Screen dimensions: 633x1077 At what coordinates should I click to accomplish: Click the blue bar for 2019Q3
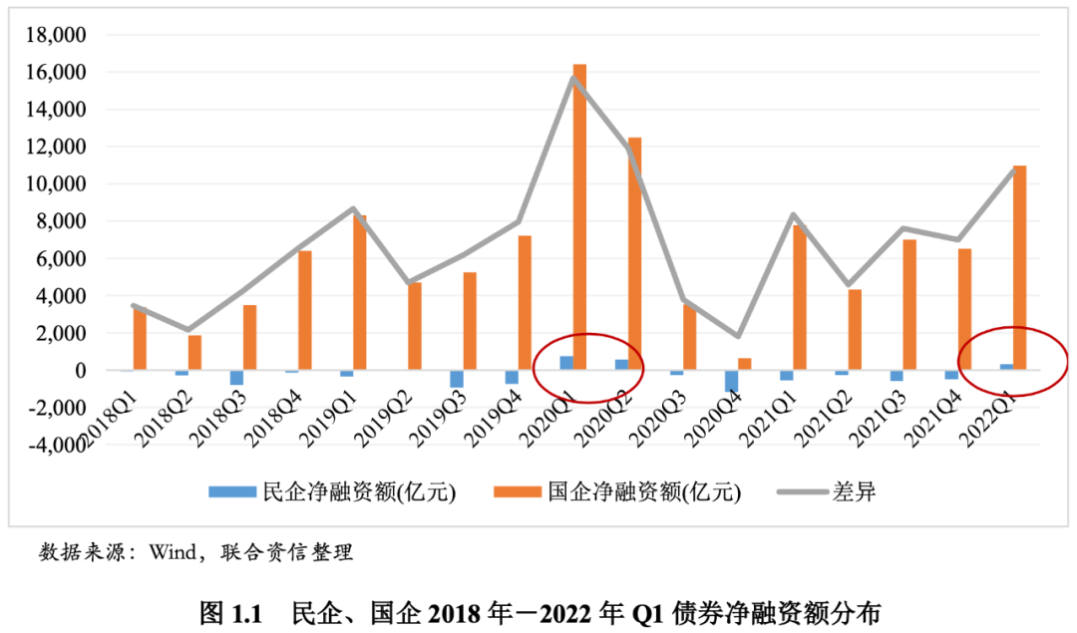[x=457, y=379]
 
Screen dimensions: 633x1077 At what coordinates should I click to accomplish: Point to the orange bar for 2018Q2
[x=195, y=352]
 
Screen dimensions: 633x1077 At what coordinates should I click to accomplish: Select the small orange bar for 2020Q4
[x=744, y=364]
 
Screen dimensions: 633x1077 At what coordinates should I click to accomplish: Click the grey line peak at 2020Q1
[x=573, y=78]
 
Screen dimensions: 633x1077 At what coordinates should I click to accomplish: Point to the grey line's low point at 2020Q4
[x=738, y=336]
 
